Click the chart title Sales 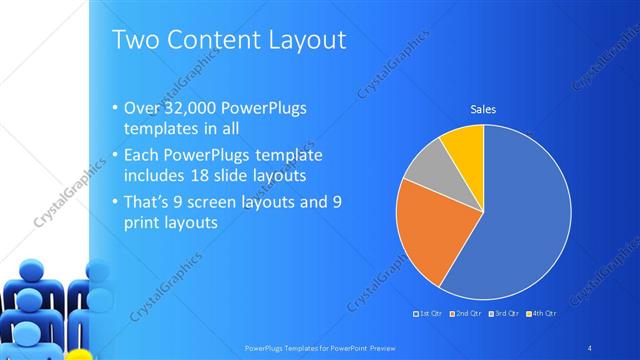(x=484, y=110)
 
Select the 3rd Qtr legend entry (x=505, y=314)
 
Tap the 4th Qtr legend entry (x=540, y=314)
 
